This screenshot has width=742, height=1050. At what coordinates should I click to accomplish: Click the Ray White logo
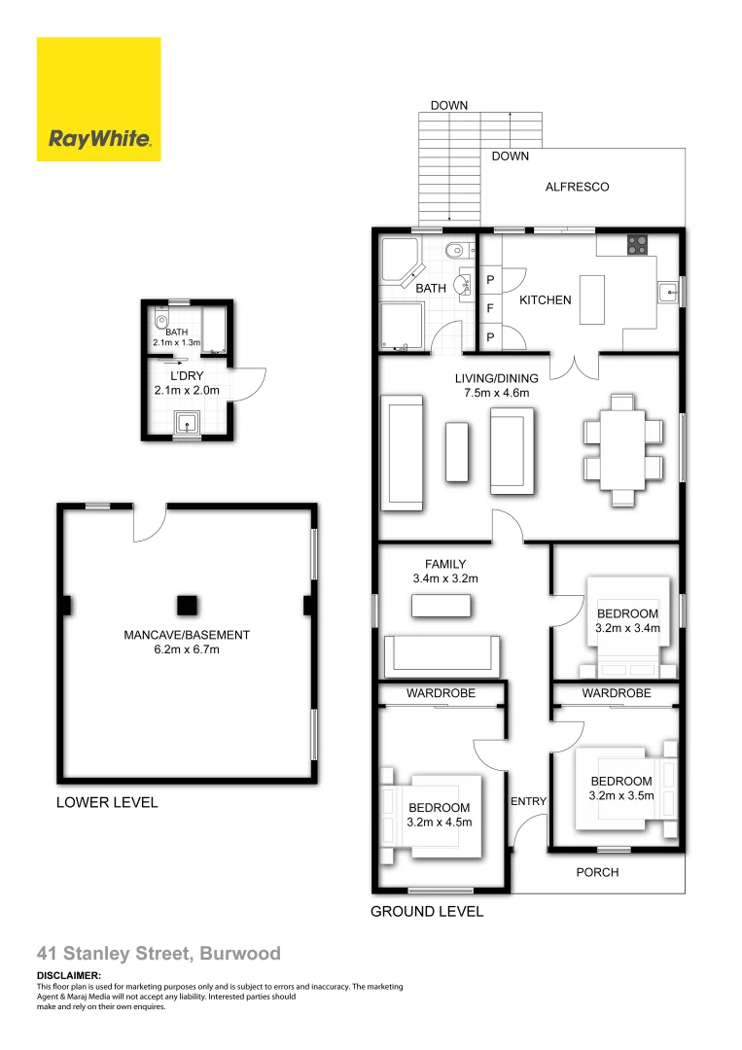pyautogui.click(x=98, y=99)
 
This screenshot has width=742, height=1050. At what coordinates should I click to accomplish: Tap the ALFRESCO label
pyautogui.click(x=577, y=187)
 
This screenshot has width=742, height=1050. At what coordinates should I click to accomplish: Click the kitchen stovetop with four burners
pyautogui.click(x=638, y=245)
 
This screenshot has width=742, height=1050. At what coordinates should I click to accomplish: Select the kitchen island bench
pyautogui.click(x=593, y=300)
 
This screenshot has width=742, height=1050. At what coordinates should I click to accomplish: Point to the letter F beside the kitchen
pyautogui.click(x=490, y=308)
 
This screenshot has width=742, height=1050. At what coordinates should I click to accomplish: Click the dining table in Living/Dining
pyautogui.click(x=622, y=448)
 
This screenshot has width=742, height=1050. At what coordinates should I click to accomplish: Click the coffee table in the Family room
pyautogui.click(x=441, y=606)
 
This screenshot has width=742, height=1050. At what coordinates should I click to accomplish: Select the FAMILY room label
pyautogui.click(x=445, y=564)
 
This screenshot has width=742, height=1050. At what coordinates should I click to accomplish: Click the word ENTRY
pyautogui.click(x=528, y=801)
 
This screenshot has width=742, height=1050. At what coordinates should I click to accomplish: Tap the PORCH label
pyautogui.click(x=597, y=872)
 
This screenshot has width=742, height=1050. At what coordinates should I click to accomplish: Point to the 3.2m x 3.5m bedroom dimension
pyautogui.click(x=621, y=795)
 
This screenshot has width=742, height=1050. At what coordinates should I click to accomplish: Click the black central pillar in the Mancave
pyautogui.click(x=187, y=605)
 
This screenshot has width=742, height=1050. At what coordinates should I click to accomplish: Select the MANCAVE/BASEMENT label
pyautogui.click(x=187, y=635)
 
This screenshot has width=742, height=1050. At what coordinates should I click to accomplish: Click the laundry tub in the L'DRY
pyautogui.click(x=187, y=422)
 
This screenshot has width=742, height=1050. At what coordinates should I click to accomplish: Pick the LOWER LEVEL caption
pyautogui.click(x=107, y=803)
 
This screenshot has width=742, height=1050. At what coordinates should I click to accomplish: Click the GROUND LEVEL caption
pyautogui.click(x=427, y=912)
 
